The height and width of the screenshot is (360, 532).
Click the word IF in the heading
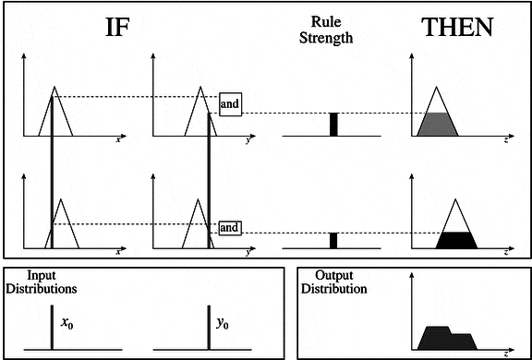click(117, 27)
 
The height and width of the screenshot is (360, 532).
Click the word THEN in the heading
click(457, 27)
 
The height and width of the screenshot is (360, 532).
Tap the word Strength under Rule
click(326, 38)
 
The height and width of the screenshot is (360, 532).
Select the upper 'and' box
click(230, 103)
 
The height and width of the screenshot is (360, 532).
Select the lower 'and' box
click(230, 228)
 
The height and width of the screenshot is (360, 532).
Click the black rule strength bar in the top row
click(333, 125)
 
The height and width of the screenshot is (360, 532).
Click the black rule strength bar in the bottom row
click(333, 241)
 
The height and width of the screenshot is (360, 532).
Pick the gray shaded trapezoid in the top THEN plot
click(438, 125)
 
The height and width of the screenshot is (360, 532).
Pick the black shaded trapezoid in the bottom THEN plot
click(456, 241)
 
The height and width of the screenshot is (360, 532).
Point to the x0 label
click(66, 323)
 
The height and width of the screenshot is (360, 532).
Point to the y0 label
click(223, 324)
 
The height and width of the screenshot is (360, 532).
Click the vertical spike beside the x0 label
click(52, 328)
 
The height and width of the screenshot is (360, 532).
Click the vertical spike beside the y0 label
click(209, 328)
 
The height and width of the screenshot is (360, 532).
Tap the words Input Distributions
click(42, 282)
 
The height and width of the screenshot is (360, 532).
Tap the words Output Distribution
click(334, 282)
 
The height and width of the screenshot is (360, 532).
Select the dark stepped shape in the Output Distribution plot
click(447, 338)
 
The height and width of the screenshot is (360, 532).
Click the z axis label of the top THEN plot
click(506, 140)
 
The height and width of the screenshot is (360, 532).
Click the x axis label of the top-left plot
click(118, 139)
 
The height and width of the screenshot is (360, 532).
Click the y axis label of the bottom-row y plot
click(248, 253)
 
